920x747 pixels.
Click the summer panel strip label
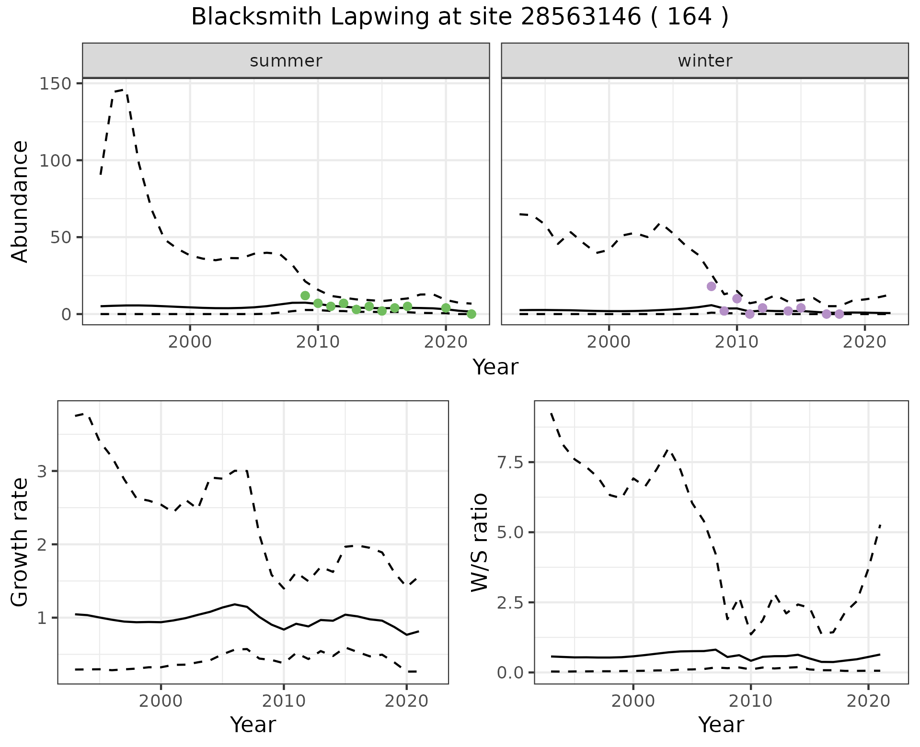click(286, 61)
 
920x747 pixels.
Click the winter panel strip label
click(704, 61)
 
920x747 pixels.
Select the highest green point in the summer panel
click(305, 295)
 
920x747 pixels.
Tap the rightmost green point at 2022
click(471, 314)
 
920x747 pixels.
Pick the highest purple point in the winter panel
click(712, 286)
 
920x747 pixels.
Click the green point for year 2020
click(446, 308)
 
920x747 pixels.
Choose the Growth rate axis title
click(20, 542)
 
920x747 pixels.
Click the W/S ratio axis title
click(479, 542)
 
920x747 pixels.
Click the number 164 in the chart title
click(689, 17)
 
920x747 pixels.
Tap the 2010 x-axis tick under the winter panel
click(737, 342)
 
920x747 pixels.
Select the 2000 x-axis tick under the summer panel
click(190, 342)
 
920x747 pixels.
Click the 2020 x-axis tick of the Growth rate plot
click(406, 702)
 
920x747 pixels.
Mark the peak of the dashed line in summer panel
click(124, 90)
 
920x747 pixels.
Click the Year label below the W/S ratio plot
click(721, 724)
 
